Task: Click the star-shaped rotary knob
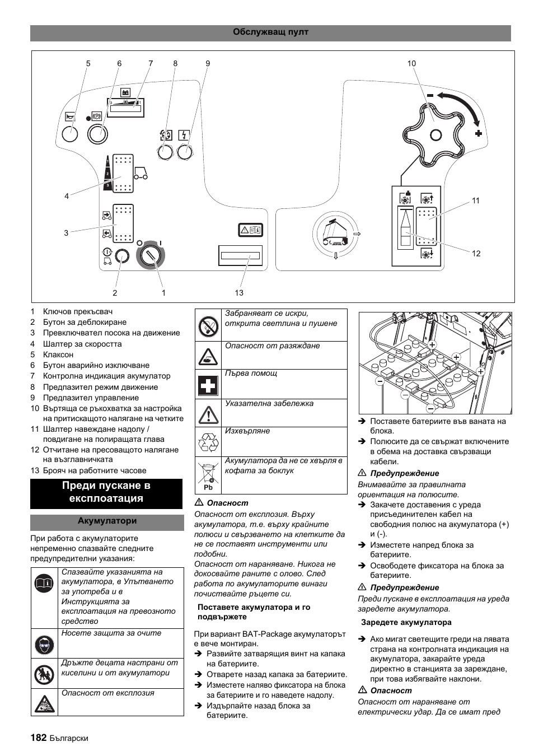click(435, 134)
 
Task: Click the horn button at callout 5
click(69, 134)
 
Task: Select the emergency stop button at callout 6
click(97, 134)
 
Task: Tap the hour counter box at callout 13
click(241, 255)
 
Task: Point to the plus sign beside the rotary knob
click(478, 133)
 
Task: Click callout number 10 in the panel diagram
click(411, 64)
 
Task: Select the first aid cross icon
click(208, 385)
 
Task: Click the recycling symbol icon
click(208, 442)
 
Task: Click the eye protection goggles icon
click(44, 644)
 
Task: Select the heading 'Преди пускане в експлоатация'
click(106, 492)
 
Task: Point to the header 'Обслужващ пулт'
click(270, 32)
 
